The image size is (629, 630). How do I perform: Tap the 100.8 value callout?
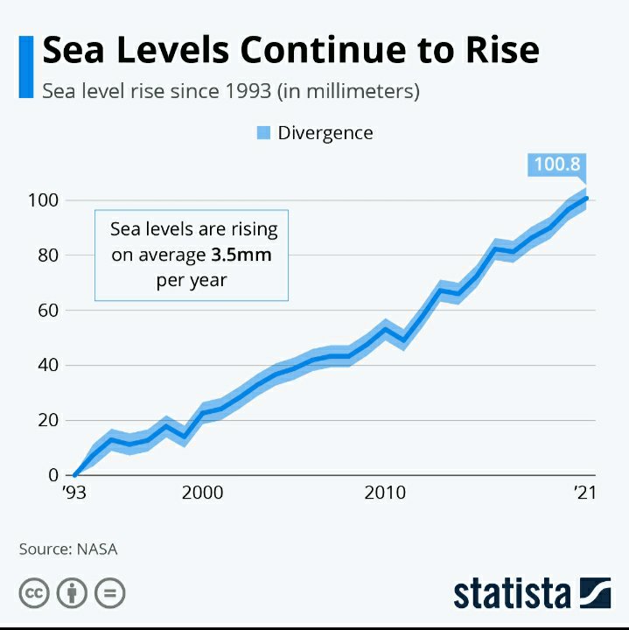[x=557, y=164]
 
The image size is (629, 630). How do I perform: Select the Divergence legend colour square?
[x=263, y=133]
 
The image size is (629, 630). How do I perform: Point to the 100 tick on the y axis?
[x=44, y=200]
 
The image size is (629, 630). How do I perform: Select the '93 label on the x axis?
[x=73, y=493]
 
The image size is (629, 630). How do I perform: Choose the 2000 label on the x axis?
[x=202, y=493]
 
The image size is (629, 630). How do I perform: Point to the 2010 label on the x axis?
[x=385, y=493]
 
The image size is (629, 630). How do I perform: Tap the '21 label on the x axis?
[x=584, y=493]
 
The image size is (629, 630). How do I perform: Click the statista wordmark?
[x=512, y=593]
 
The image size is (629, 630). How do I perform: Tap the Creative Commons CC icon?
[x=34, y=593]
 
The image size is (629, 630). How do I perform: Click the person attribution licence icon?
[x=72, y=593]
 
